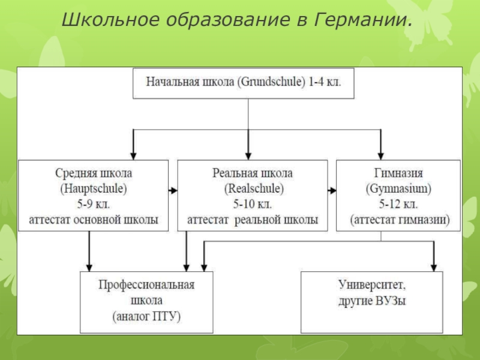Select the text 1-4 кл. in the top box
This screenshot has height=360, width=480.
pyautogui.click(x=325, y=82)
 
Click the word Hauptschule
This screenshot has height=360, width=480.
pyautogui.click(x=94, y=188)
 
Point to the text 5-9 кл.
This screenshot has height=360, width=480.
pyautogui.click(x=94, y=204)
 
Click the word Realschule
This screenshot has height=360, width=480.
pyautogui.click(x=254, y=188)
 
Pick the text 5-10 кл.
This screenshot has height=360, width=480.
pyautogui.click(x=253, y=204)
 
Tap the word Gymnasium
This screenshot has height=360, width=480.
pyautogui.click(x=398, y=188)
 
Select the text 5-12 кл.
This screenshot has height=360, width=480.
pyautogui.click(x=398, y=204)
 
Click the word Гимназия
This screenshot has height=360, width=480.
pyautogui.click(x=398, y=173)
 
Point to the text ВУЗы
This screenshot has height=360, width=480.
pyautogui.click(x=391, y=301)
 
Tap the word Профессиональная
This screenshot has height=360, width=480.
pyautogui.click(x=146, y=284)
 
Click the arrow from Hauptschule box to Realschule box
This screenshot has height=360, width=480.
pyautogui.click(x=173, y=191)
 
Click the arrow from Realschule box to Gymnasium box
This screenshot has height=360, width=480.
pyautogui.click(x=332, y=191)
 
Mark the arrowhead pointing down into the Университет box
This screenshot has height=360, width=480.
pyautogui.click(x=434, y=267)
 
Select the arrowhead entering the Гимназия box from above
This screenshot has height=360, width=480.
pyautogui.click(x=381, y=155)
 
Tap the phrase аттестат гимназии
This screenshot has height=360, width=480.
pyautogui.click(x=400, y=220)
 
